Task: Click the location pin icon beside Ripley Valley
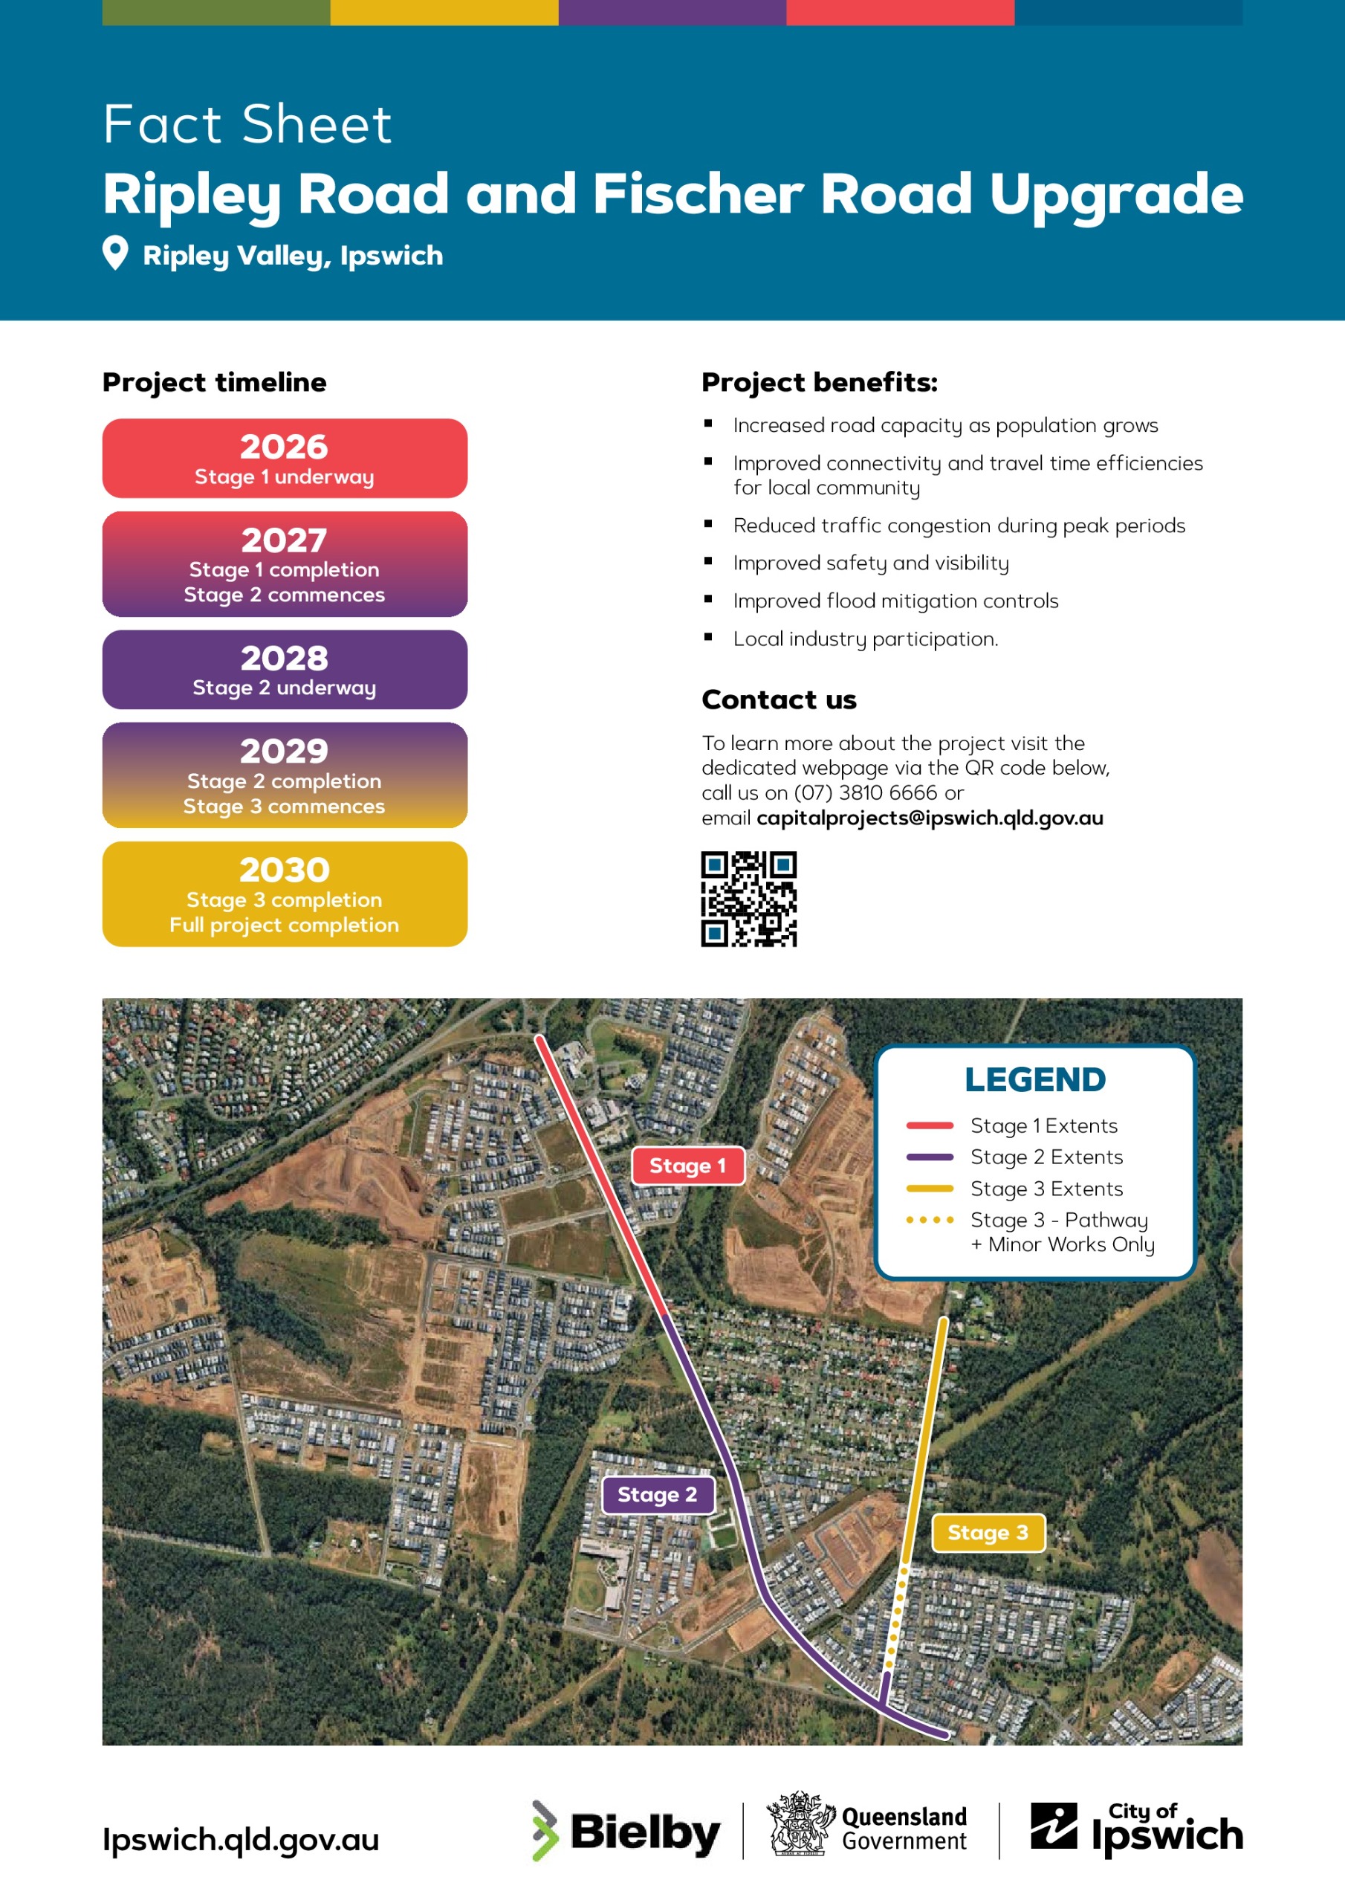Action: tap(115, 253)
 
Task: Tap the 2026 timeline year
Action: tap(285, 447)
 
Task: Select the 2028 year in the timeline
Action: tap(285, 658)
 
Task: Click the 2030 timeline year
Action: tap(285, 870)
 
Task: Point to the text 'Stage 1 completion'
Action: tap(285, 569)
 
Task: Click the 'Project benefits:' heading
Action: tap(819, 382)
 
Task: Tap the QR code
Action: tap(748, 899)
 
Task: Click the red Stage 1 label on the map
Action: tap(688, 1166)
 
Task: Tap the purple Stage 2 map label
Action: tap(657, 1494)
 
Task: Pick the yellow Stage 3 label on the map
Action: tap(988, 1533)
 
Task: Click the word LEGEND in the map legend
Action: tap(1035, 1080)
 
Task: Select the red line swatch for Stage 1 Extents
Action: tap(930, 1125)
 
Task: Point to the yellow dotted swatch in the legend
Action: tap(930, 1220)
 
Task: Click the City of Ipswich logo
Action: tap(1136, 1829)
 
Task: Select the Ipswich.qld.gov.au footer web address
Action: tap(240, 1839)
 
